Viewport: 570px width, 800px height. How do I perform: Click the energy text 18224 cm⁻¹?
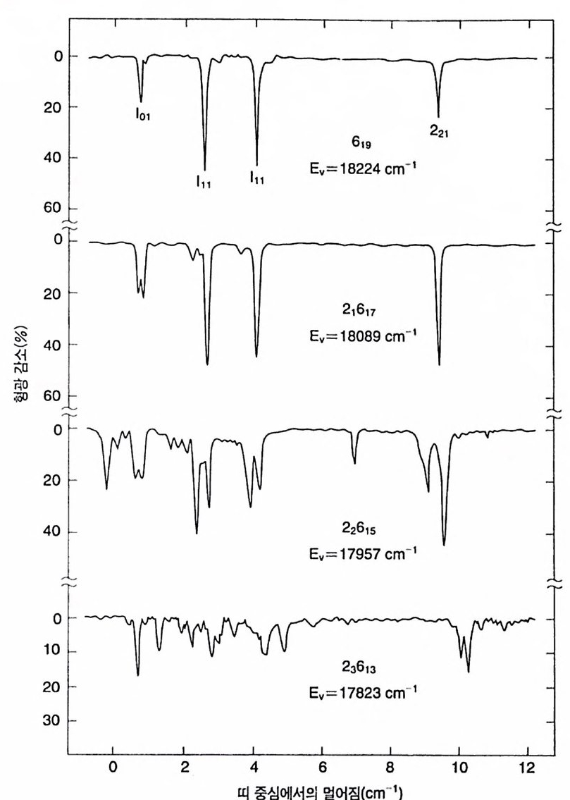coord(357,170)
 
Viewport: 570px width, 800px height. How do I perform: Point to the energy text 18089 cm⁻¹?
coord(357,336)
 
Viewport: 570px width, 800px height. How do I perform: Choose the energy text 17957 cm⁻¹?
coord(357,553)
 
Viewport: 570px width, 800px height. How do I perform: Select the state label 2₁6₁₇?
coord(358,310)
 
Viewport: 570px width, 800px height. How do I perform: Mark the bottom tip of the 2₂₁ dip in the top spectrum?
coord(438,117)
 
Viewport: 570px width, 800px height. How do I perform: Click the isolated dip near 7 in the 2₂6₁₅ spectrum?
coord(354,463)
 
